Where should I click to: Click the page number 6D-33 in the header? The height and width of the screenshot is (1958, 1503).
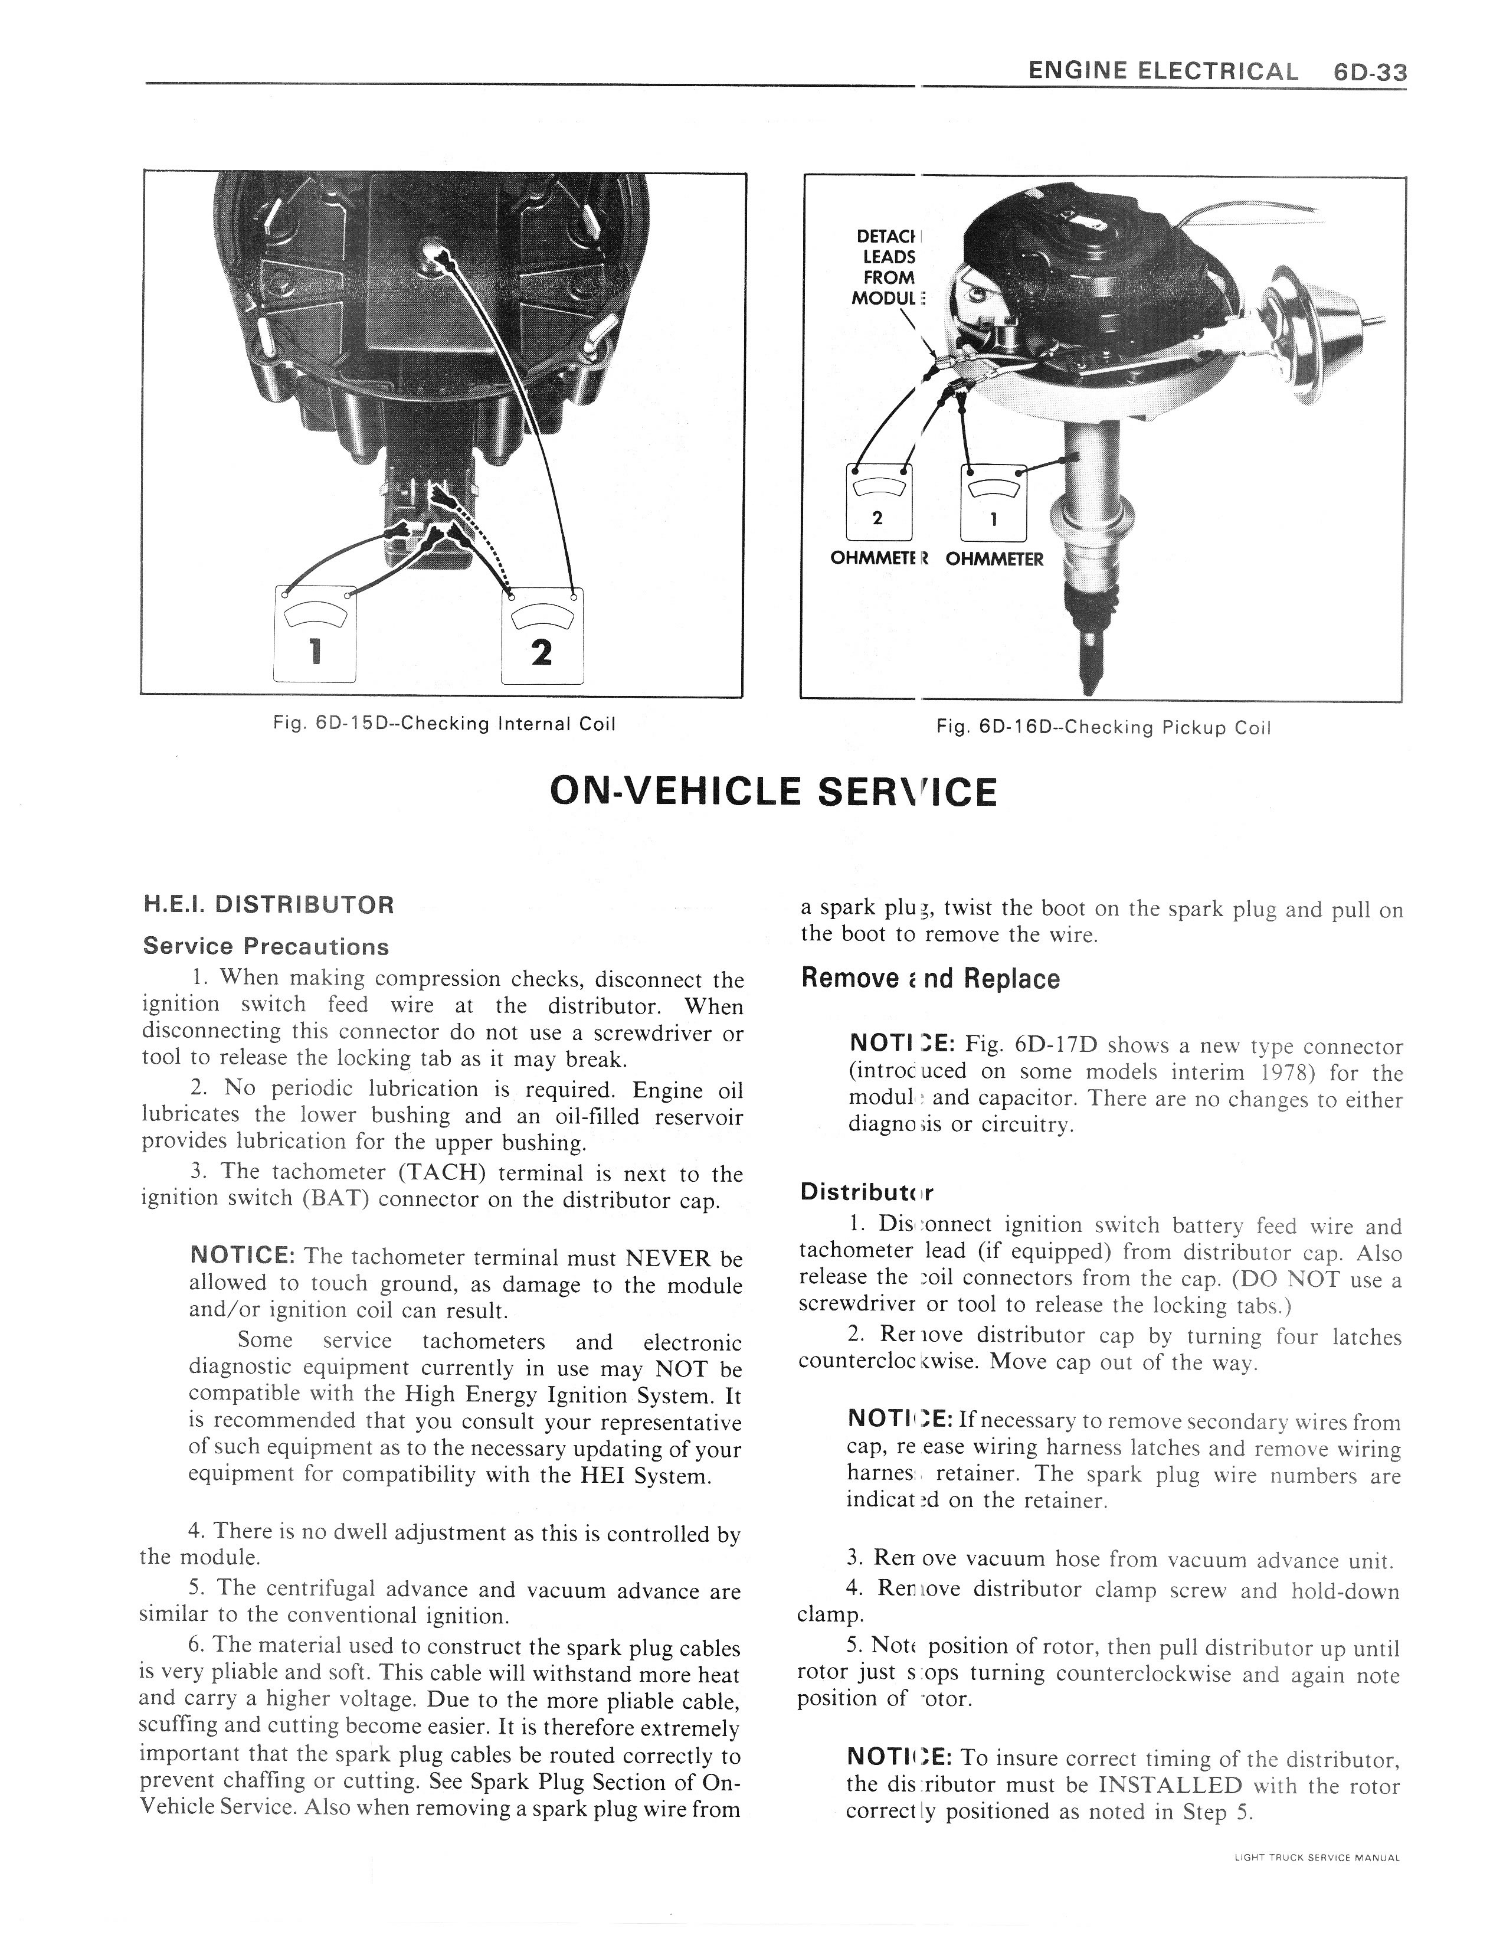(1368, 71)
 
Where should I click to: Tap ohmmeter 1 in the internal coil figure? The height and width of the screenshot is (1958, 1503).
(314, 635)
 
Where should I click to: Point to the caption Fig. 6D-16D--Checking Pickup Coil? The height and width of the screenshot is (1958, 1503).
(1102, 728)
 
